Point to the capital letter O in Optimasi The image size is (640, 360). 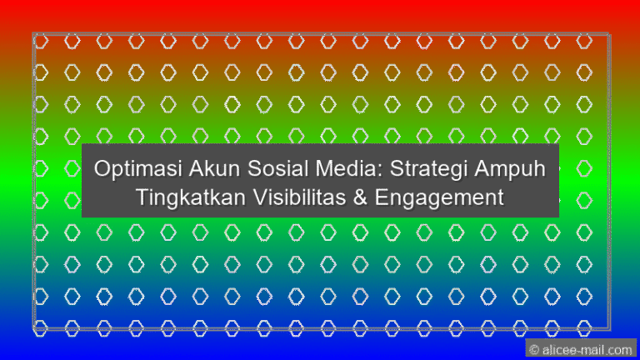coord(102,169)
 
